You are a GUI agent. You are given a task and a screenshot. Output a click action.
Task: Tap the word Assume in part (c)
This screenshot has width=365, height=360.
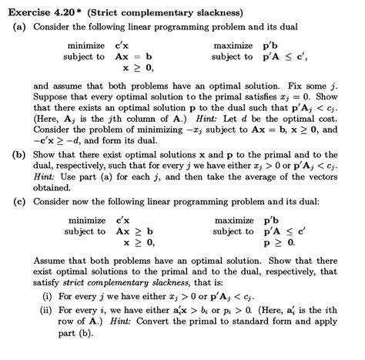[x=50, y=262]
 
